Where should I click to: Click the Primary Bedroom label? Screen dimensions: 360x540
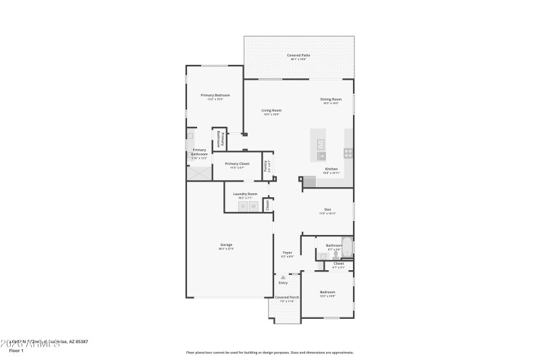click(x=215, y=95)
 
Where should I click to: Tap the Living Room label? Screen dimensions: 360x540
click(x=272, y=110)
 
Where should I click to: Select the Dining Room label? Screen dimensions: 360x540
click(x=330, y=100)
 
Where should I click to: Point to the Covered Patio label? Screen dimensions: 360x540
click(x=298, y=56)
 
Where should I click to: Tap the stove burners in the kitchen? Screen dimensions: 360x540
click(x=348, y=153)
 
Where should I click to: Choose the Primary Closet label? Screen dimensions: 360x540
click(x=237, y=164)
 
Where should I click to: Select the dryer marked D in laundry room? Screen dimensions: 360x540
click(x=253, y=207)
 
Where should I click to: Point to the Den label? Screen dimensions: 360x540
click(x=327, y=209)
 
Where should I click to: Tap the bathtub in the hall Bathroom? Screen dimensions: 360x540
click(x=347, y=248)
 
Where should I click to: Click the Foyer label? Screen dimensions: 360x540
click(x=287, y=253)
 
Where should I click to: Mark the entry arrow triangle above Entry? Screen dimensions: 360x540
click(x=283, y=277)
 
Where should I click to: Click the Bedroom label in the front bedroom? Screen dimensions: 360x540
click(x=327, y=292)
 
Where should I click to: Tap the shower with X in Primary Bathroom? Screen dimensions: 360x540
click(x=200, y=172)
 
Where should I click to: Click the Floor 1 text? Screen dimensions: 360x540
click(x=16, y=351)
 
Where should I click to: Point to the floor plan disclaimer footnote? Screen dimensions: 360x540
click(x=270, y=352)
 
